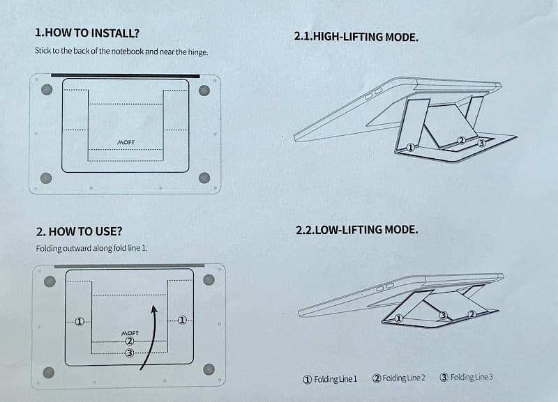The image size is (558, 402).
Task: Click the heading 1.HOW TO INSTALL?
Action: click(86, 33)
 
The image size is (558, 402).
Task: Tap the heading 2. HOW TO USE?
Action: click(79, 231)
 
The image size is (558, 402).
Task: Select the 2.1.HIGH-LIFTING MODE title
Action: click(356, 37)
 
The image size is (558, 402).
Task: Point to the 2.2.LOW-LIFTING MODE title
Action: click(356, 230)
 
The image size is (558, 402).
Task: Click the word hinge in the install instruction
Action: click(197, 52)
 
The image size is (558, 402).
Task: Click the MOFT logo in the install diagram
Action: click(126, 142)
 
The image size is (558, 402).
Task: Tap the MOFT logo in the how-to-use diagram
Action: click(130, 333)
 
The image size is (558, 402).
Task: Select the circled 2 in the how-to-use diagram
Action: click(130, 341)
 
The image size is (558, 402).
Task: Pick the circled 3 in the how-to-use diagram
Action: click(130, 353)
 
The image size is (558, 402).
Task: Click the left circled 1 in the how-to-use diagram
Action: click(80, 322)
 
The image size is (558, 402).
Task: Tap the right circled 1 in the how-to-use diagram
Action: click(182, 320)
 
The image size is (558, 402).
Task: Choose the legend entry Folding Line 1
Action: click(329, 379)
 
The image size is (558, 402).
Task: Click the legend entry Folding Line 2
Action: click(398, 378)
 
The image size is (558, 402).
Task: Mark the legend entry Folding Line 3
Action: click(466, 377)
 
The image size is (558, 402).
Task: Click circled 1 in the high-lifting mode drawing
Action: click(411, 148)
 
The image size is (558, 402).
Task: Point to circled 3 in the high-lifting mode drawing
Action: click(481, 143)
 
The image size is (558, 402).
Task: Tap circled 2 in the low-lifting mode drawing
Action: click(472, 314)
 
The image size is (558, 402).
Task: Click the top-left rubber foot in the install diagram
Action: click(47, 89)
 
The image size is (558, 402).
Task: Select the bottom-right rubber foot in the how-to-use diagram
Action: click(209, 369)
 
